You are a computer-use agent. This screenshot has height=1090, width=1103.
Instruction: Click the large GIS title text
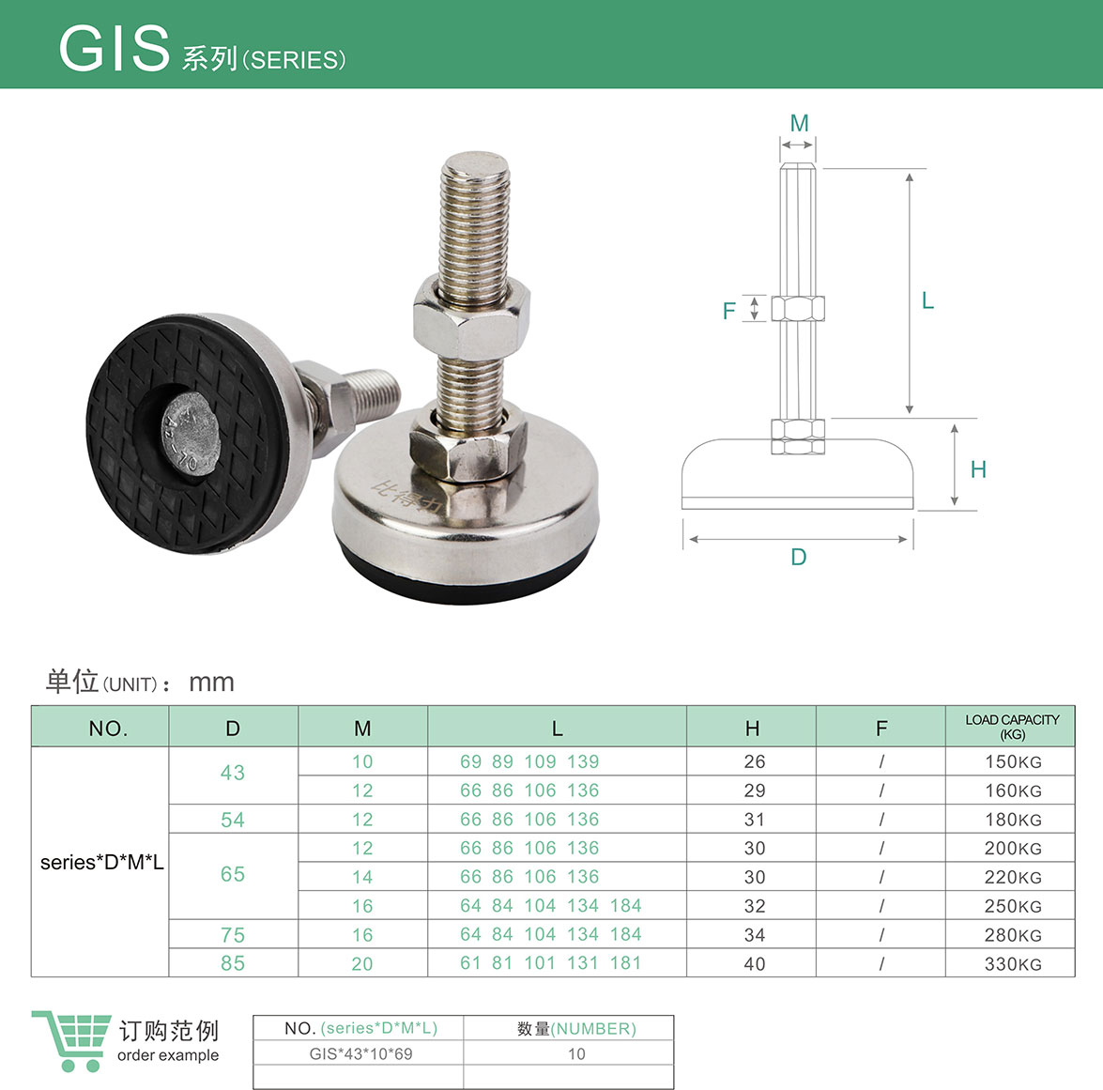tap(114, 49)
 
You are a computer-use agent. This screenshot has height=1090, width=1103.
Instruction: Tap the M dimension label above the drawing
tap(799, 123)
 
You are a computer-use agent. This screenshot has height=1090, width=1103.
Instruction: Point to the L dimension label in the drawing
tap(927, 301)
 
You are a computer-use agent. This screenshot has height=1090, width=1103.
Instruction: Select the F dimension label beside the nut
tap(728, 311)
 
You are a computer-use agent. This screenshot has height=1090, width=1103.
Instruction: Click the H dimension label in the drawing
tap(978, 469)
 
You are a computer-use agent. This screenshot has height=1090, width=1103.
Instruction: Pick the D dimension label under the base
tap(799, 558)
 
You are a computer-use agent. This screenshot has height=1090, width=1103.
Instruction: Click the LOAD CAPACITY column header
tap(1012, 727)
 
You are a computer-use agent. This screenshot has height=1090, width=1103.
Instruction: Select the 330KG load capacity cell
tap(1012, 964)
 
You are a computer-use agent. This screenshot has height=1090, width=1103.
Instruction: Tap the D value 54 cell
tap(233, 820)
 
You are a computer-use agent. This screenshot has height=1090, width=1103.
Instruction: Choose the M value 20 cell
tap(362, 964)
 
